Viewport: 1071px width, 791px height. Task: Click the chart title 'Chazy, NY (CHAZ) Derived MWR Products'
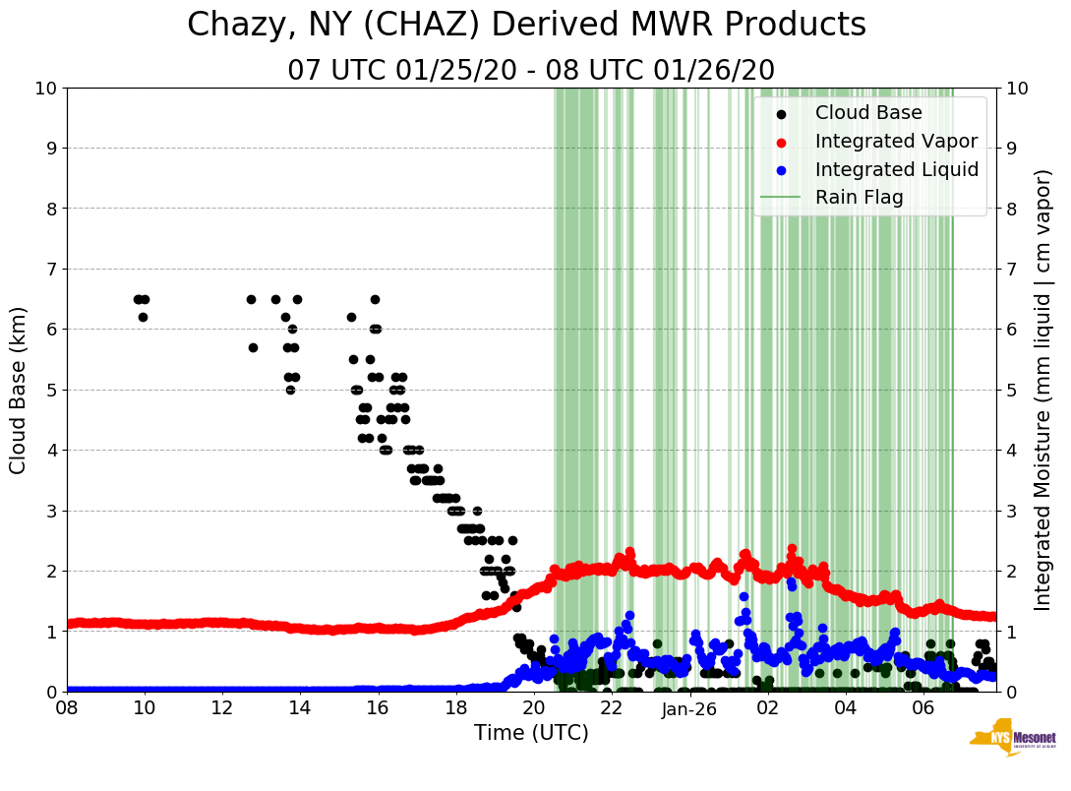(527, 25)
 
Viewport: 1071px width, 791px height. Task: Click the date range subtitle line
(531, 71)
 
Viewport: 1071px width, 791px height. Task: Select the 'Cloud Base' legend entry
(868, 112)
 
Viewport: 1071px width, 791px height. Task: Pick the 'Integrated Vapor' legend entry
(896, 141)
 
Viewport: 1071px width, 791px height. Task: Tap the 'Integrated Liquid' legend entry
(896, 169)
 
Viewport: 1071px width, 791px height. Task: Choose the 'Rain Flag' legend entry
(859, 197)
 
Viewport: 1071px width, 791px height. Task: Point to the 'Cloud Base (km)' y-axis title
(19, 390)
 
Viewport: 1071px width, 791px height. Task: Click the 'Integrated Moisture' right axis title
(1043, 390)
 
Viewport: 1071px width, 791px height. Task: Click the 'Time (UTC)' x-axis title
(531, 733)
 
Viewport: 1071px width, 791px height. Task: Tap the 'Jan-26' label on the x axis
(689, 708)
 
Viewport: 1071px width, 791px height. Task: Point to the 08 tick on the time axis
(67, 708)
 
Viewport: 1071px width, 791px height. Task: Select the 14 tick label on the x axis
(300, 708)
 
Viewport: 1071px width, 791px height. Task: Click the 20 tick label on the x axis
(533, 708)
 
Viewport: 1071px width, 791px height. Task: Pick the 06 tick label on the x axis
(922, 708)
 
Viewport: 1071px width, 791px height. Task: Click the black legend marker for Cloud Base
(781, 113)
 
